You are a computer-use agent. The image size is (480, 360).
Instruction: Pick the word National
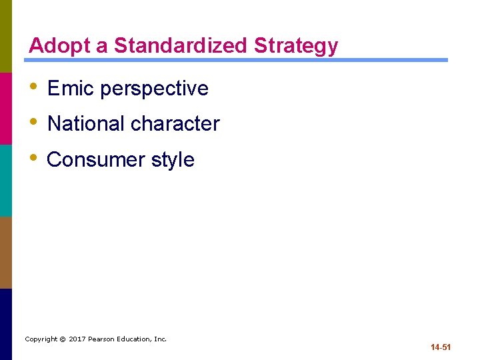pyautogui.click(x=86, y=123)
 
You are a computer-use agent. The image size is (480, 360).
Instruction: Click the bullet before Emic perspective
pyautogui.click(x=33, y=87)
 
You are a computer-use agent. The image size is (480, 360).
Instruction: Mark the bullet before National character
pyautogui.click(x=33, y=123)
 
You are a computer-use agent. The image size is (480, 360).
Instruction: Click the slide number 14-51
pyautogui.click(x=441, y=347)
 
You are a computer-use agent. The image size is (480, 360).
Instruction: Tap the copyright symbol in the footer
pyautogui.click(x=62, y=339)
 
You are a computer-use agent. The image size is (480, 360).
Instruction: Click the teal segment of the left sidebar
pyautogui.click(x=6, y=180)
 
